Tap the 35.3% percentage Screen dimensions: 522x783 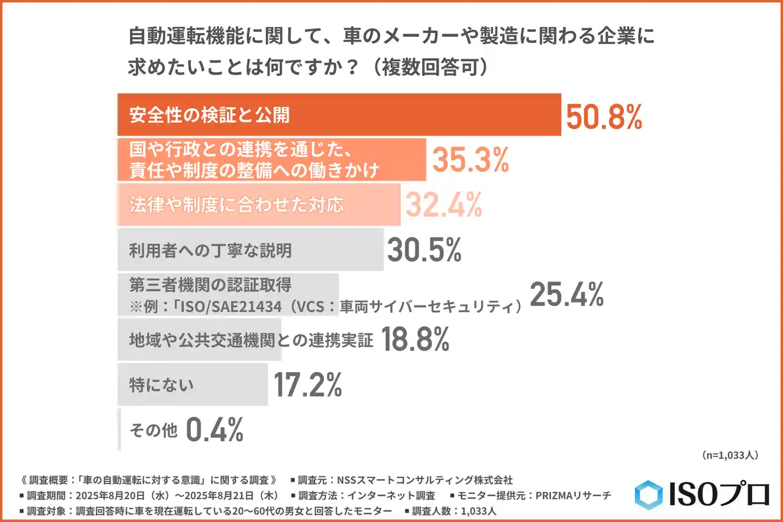tap(471, 160)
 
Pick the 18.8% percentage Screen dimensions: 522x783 tap(415, 339)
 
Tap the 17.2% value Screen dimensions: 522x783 tap(307, 384)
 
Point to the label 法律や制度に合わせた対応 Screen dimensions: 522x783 tap(236, 205)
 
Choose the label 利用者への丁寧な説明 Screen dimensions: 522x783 tap(210, 250)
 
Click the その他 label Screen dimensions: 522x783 tap(153, 430)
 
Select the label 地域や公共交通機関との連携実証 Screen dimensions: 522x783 tap(251, 340)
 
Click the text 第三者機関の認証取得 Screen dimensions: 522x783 tap(210, 285)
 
